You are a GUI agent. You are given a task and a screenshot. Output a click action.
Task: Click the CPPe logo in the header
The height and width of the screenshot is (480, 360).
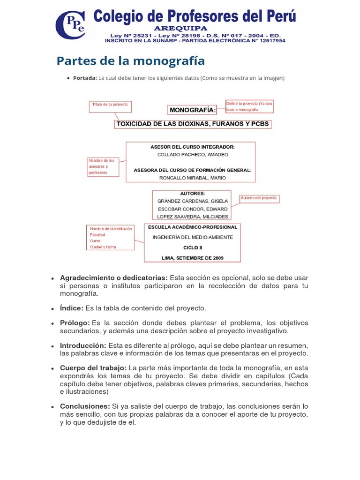point(71,25)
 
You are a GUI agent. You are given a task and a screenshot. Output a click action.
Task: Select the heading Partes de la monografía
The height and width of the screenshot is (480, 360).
point(131,61)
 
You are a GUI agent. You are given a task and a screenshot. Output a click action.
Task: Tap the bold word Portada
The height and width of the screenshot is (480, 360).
point(85,78)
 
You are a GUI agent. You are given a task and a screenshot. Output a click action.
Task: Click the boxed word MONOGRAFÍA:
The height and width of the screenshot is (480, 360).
point(192,110)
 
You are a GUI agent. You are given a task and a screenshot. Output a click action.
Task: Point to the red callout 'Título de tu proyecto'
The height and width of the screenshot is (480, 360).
point(110,107)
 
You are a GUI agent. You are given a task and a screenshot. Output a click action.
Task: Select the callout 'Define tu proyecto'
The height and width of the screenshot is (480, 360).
point(249,106)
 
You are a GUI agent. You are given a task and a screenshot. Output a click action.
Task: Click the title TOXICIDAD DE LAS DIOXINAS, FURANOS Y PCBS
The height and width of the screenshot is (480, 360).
point(193,124)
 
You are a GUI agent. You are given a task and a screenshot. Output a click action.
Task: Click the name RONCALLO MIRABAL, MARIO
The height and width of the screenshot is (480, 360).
point(192,178)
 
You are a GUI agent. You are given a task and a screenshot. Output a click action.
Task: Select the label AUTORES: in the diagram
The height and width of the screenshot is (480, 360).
point(192,193)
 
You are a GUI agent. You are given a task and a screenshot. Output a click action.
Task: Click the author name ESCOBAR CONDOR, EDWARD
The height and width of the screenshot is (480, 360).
point(192,209)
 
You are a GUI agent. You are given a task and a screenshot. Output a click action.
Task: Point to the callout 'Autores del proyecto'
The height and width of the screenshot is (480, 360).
point(259,198)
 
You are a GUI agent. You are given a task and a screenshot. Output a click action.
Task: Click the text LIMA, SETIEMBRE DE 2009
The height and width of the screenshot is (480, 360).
point(192,258)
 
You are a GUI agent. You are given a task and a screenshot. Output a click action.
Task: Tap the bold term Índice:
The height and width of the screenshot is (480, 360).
point(72,308)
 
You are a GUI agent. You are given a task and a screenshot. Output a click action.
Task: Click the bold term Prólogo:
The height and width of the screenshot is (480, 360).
point(75,323)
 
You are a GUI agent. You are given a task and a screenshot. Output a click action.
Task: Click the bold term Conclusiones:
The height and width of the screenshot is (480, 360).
point(85,406)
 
